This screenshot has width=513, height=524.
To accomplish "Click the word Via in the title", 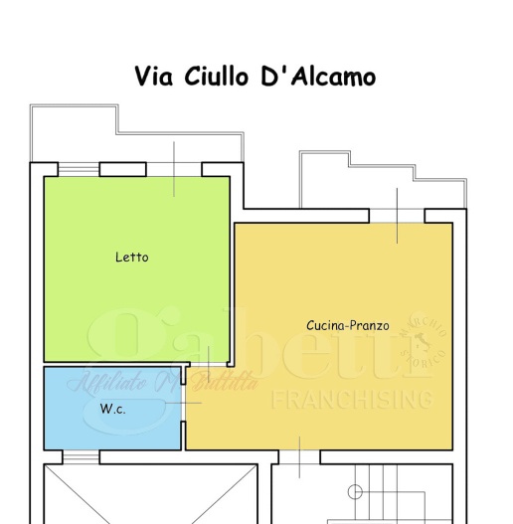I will pyautogui.click(x=155, y=77).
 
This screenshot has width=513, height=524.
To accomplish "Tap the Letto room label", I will pyautogui.click(x=131, y=258).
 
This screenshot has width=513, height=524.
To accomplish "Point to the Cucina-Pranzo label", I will pyautogui.click(x=347, y=325).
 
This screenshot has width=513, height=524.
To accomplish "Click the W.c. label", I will pyautogui.click(x=112, y=409).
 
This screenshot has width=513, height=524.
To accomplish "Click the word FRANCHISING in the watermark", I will pyautogui.click(x=353, y=400).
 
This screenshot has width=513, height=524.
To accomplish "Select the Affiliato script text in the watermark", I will pyautogui.click(x=105, y=381).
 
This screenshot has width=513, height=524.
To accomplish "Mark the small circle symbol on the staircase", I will pyautogui.click(x=355, y=491).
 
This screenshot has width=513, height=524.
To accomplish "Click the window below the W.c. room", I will pyautogui.click(x=81, y=457).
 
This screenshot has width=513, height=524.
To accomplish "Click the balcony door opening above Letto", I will pyautogui.click(x=174, y=169).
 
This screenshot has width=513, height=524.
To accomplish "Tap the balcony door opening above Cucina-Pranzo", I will pyautogui.click(x=397, y=215).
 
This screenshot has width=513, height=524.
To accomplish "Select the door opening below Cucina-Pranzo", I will pyautogui.click(x=297, y=457).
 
